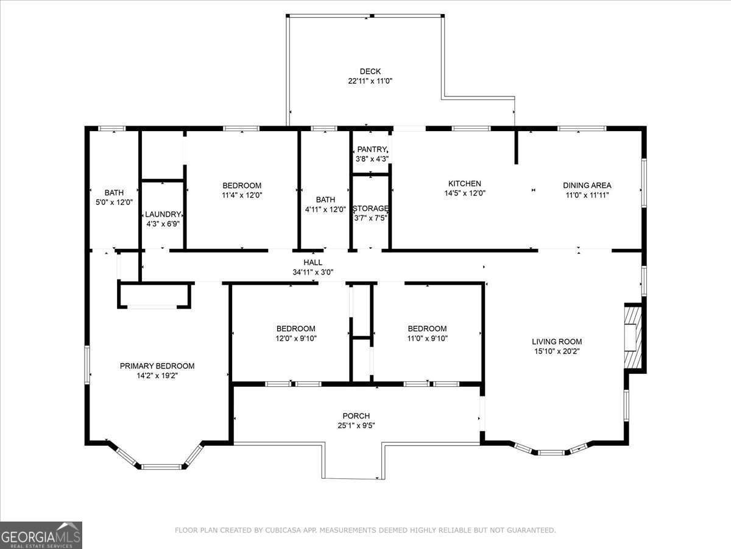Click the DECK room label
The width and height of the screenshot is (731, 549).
click(x=370, y=71)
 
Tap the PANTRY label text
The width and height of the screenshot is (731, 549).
click(x=372, y=149)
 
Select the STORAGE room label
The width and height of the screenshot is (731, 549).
click(x=370, y=209)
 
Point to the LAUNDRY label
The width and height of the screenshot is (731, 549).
click(x=163, y=214)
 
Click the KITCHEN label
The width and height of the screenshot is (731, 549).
click(x=465, y=184)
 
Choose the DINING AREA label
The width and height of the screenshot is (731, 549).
click(x=587, y=185)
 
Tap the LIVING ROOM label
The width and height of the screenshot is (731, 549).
click(x=557, y=342)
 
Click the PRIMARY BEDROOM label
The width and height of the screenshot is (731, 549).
click(x=157, y=366)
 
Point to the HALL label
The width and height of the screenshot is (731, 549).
click(x=313, y=263)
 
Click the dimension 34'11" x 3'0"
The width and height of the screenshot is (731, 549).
click(x=313, y=272)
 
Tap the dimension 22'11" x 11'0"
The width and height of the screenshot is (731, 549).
click(x=370, y=81)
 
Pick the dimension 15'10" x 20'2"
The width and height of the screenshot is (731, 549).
click(x=557, y=351)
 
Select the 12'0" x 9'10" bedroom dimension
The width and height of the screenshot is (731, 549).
click(x=296, y=339)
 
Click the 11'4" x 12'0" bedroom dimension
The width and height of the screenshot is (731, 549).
click(x=242, y=195)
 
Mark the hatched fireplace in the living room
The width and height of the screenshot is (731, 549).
click(x=632, y=337)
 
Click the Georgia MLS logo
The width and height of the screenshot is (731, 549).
click(x=41, y=536)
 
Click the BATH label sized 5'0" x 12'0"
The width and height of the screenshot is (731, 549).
click(x=114, y=193)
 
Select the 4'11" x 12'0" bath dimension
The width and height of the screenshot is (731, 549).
click(x=325, y=210)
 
